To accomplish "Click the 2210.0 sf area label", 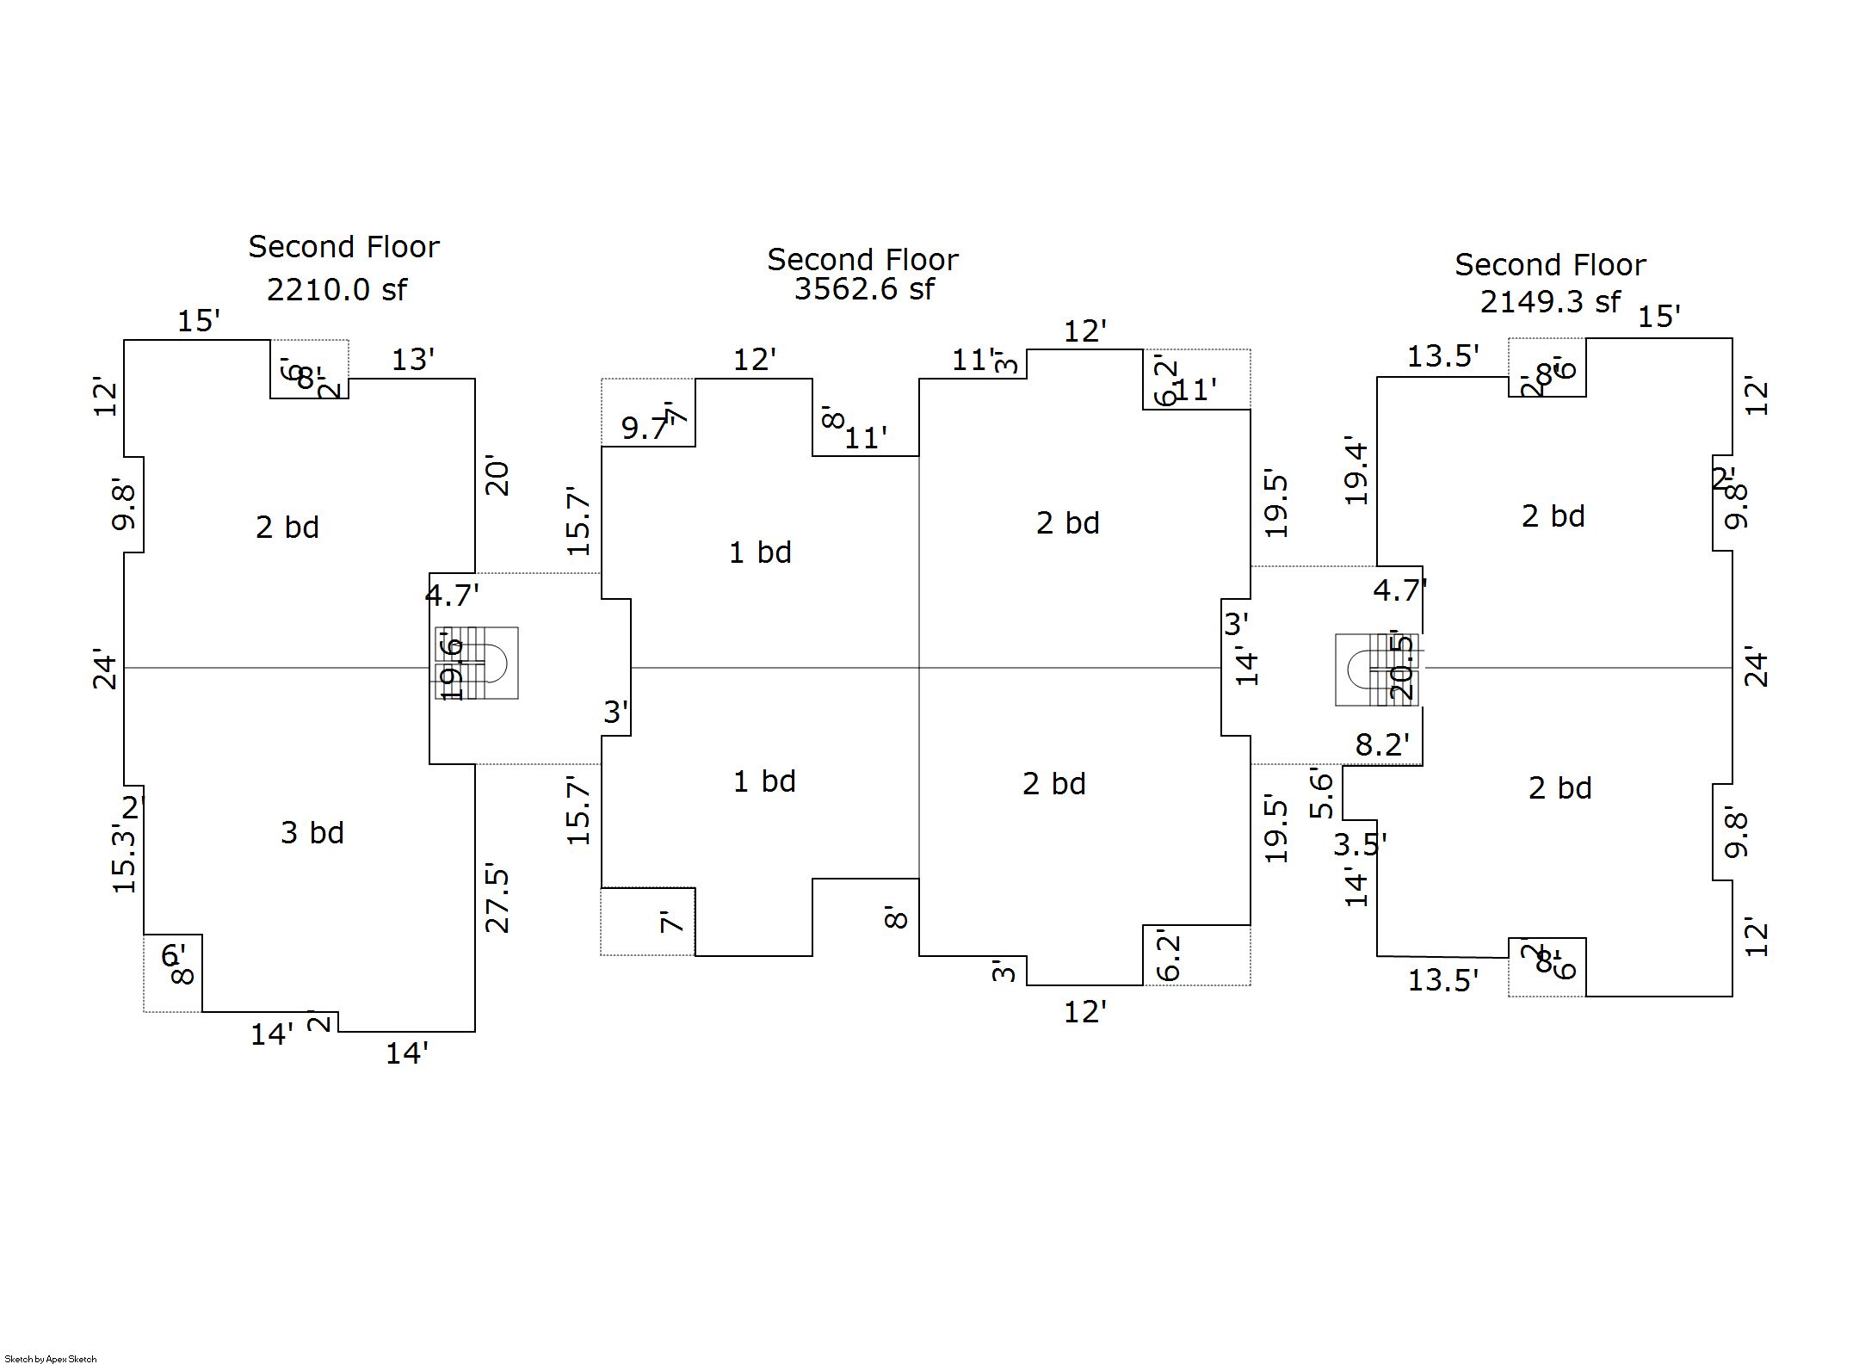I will tap(337, 290).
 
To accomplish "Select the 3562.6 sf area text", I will tap(863, 289).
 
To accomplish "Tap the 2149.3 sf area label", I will tap(1550, 302).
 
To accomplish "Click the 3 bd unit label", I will tap(312, 833).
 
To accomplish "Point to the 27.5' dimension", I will tap(497, 900).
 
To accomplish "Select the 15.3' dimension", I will tap(124, 859).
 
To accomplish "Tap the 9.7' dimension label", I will tap(645, 428).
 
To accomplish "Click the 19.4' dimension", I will tap(1356, 471).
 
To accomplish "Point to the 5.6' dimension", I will tap(1322, 793).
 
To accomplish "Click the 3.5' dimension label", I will tap(1360, 845).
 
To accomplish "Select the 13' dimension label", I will tap(413, 360).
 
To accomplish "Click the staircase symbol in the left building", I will tap(477, 663).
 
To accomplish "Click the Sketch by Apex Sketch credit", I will tap(51, 1359).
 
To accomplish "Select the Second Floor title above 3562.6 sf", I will tap(862, 260).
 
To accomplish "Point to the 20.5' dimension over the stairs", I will tap(1401, 668).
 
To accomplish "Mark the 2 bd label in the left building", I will tap(287, 528).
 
